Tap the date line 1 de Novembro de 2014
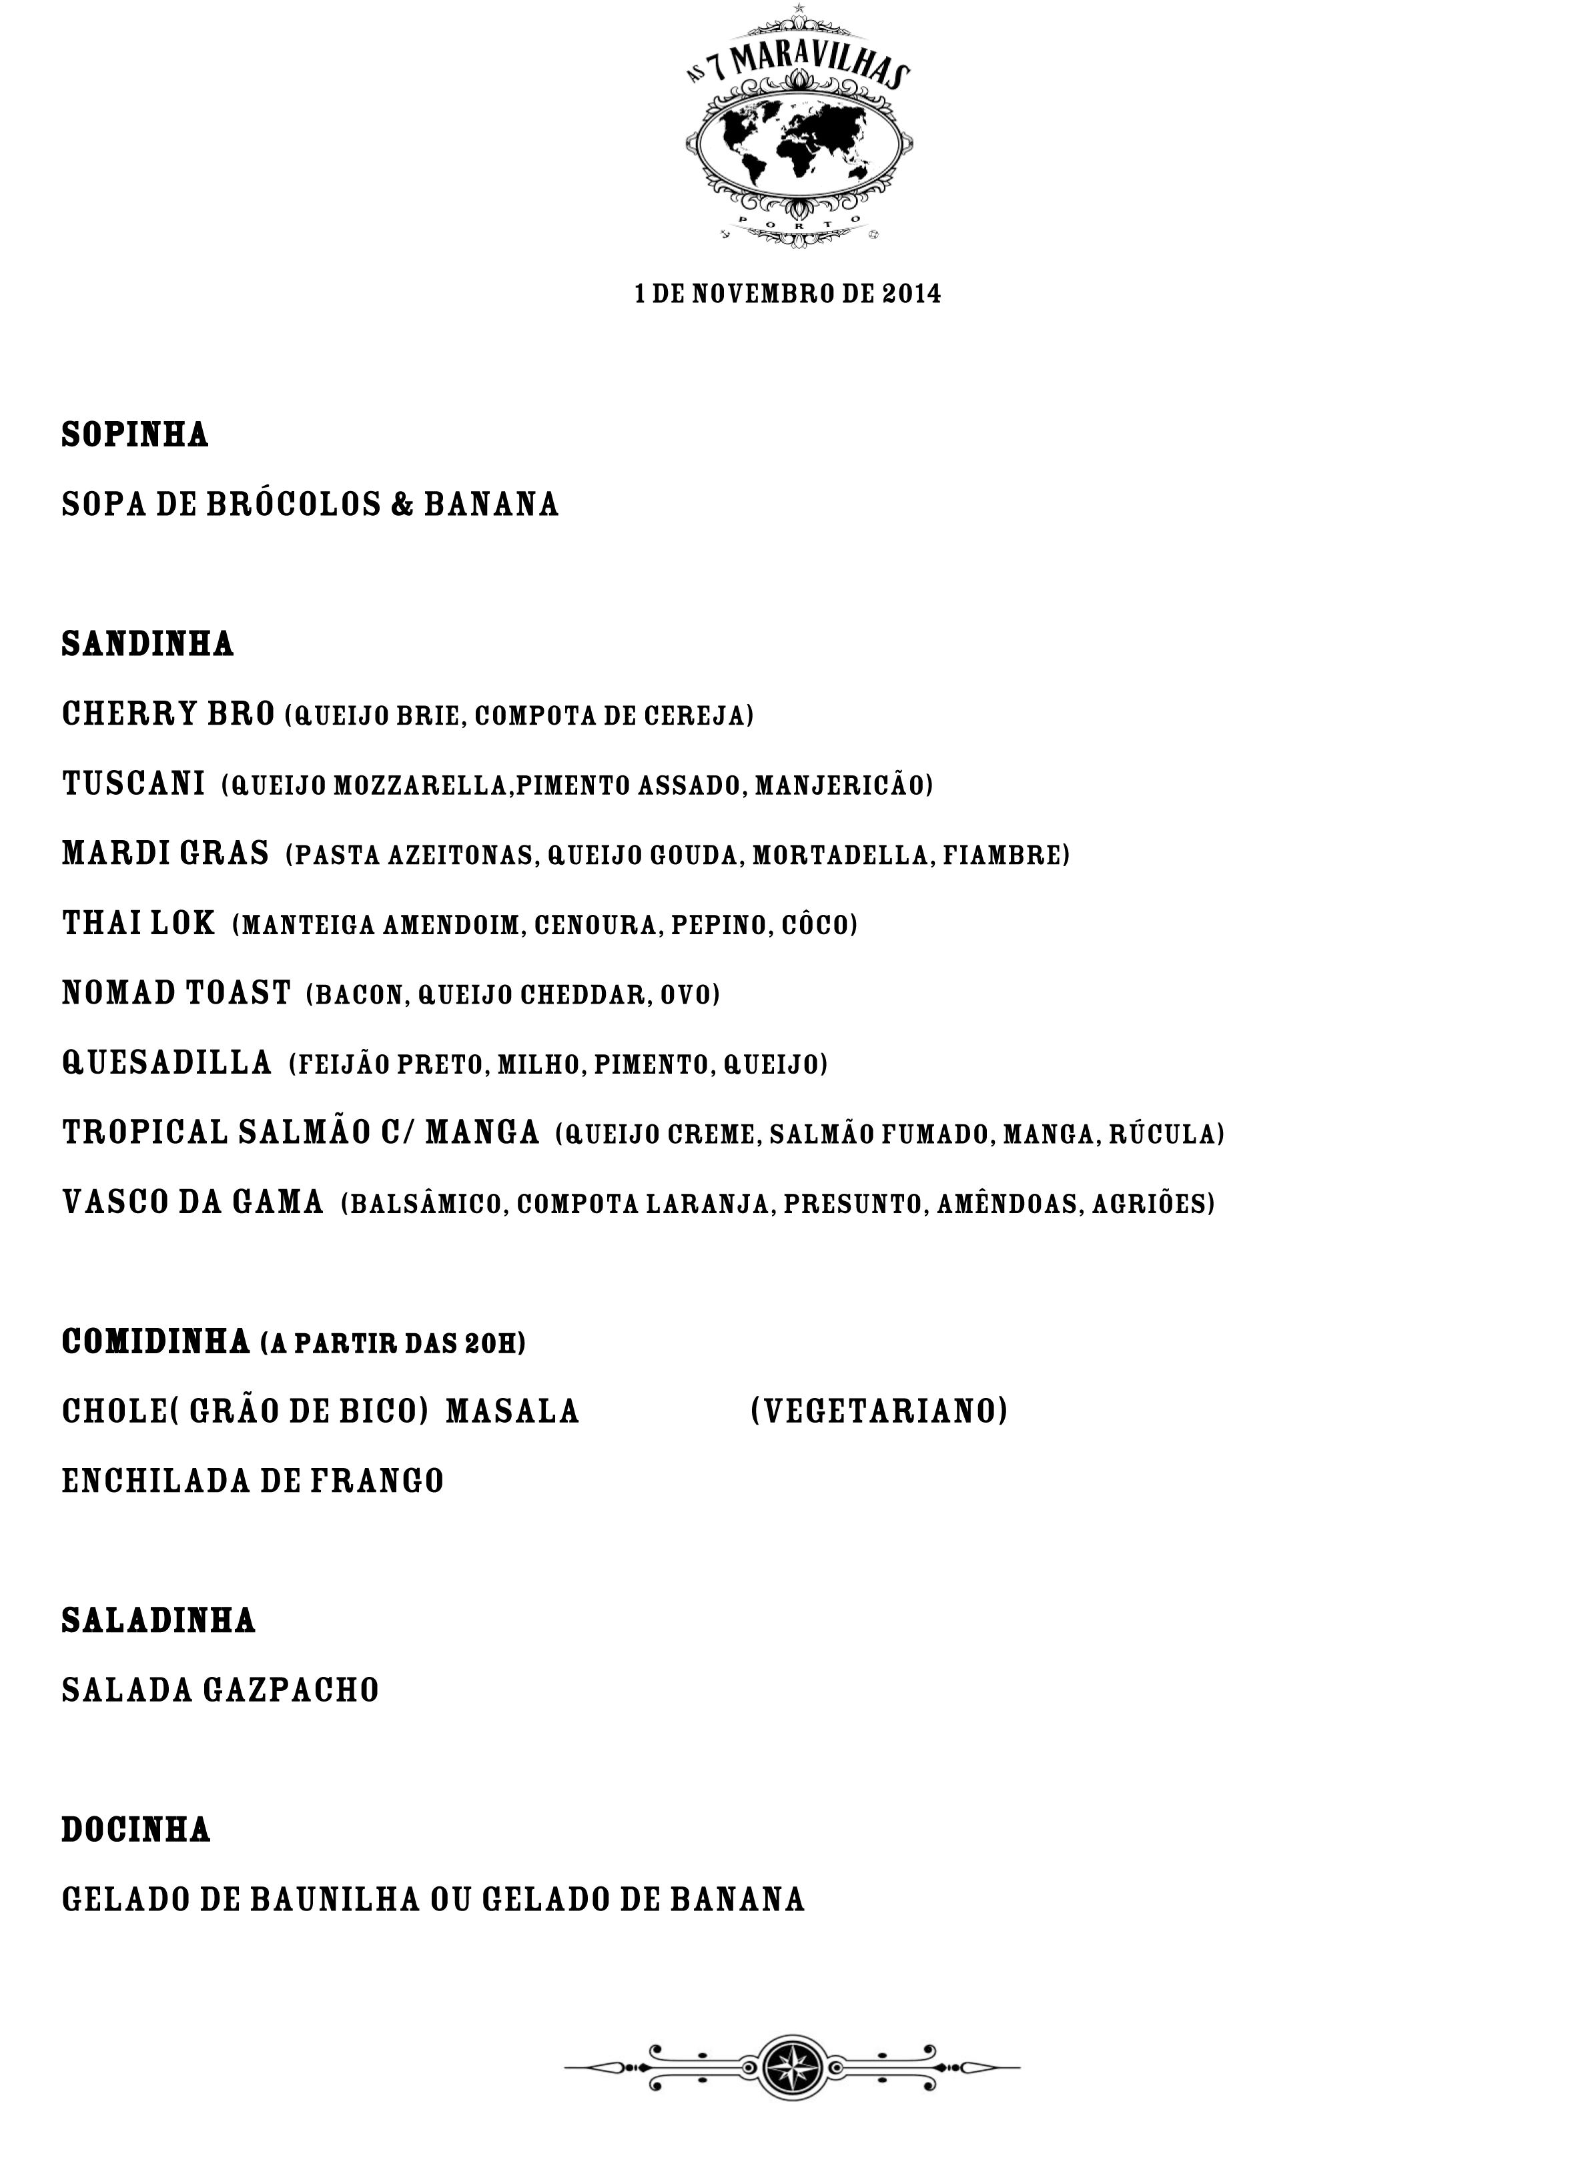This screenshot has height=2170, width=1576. pyautogui.click(x=787, y=294)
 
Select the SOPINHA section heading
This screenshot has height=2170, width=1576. pyautogui.click(x=135, y=435)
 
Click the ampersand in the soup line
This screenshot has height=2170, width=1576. pyautogui.click(x=402, y=505)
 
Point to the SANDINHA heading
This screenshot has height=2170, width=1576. pyautogui.click(x=147, y=644)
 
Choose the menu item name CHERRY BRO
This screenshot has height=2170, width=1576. pyautogui.click(x=168, y=715)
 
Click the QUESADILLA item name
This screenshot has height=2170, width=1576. pyautogui.click(x=167, y=1064)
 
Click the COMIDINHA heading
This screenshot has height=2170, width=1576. pyautogui.click(x=156, y=1343)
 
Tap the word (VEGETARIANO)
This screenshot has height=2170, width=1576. pyautogui.click(x=879, y=1412)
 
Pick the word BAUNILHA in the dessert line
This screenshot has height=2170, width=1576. pyautogui.click(x=335, y=1899)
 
